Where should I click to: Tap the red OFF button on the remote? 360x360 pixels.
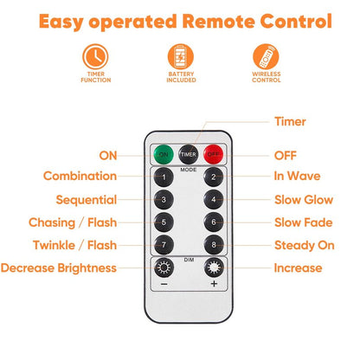(214, 154)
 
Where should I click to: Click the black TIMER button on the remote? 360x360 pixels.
(189, 154)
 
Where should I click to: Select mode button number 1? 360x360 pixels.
(164, 177)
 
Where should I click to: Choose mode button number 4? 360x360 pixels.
(214, 199)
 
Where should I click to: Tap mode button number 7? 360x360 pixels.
(164, 245)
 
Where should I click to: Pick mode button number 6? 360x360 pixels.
(214, 222)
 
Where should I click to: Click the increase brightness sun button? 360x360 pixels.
(214, 267)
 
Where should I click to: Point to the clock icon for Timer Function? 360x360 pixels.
(95, 56)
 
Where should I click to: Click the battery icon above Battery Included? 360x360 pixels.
(181, 56)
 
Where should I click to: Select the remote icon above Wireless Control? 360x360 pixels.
(266, 56)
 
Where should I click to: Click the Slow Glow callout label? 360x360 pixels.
(304, 200)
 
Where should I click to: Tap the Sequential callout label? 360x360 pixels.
(87, 200)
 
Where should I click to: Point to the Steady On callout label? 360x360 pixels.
(305, 245)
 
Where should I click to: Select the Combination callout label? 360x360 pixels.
(80, 176)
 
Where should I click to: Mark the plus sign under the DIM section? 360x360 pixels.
(214, 284)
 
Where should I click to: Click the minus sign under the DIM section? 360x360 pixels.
(164, 284)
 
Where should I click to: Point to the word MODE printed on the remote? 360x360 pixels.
(189, 170)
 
